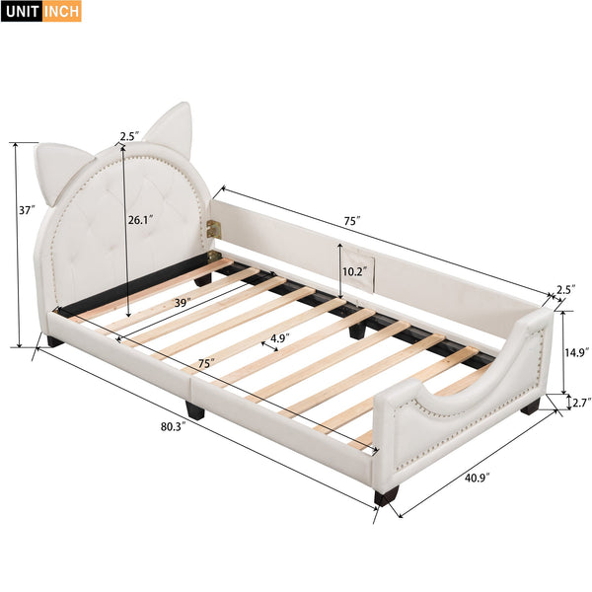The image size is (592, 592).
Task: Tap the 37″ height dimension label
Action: [x=27, y=209]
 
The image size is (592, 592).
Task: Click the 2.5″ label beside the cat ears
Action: [x=129, y=137]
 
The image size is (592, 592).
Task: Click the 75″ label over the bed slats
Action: [x=205, y=363]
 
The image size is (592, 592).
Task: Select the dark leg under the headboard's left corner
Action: [x=51, y=341]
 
